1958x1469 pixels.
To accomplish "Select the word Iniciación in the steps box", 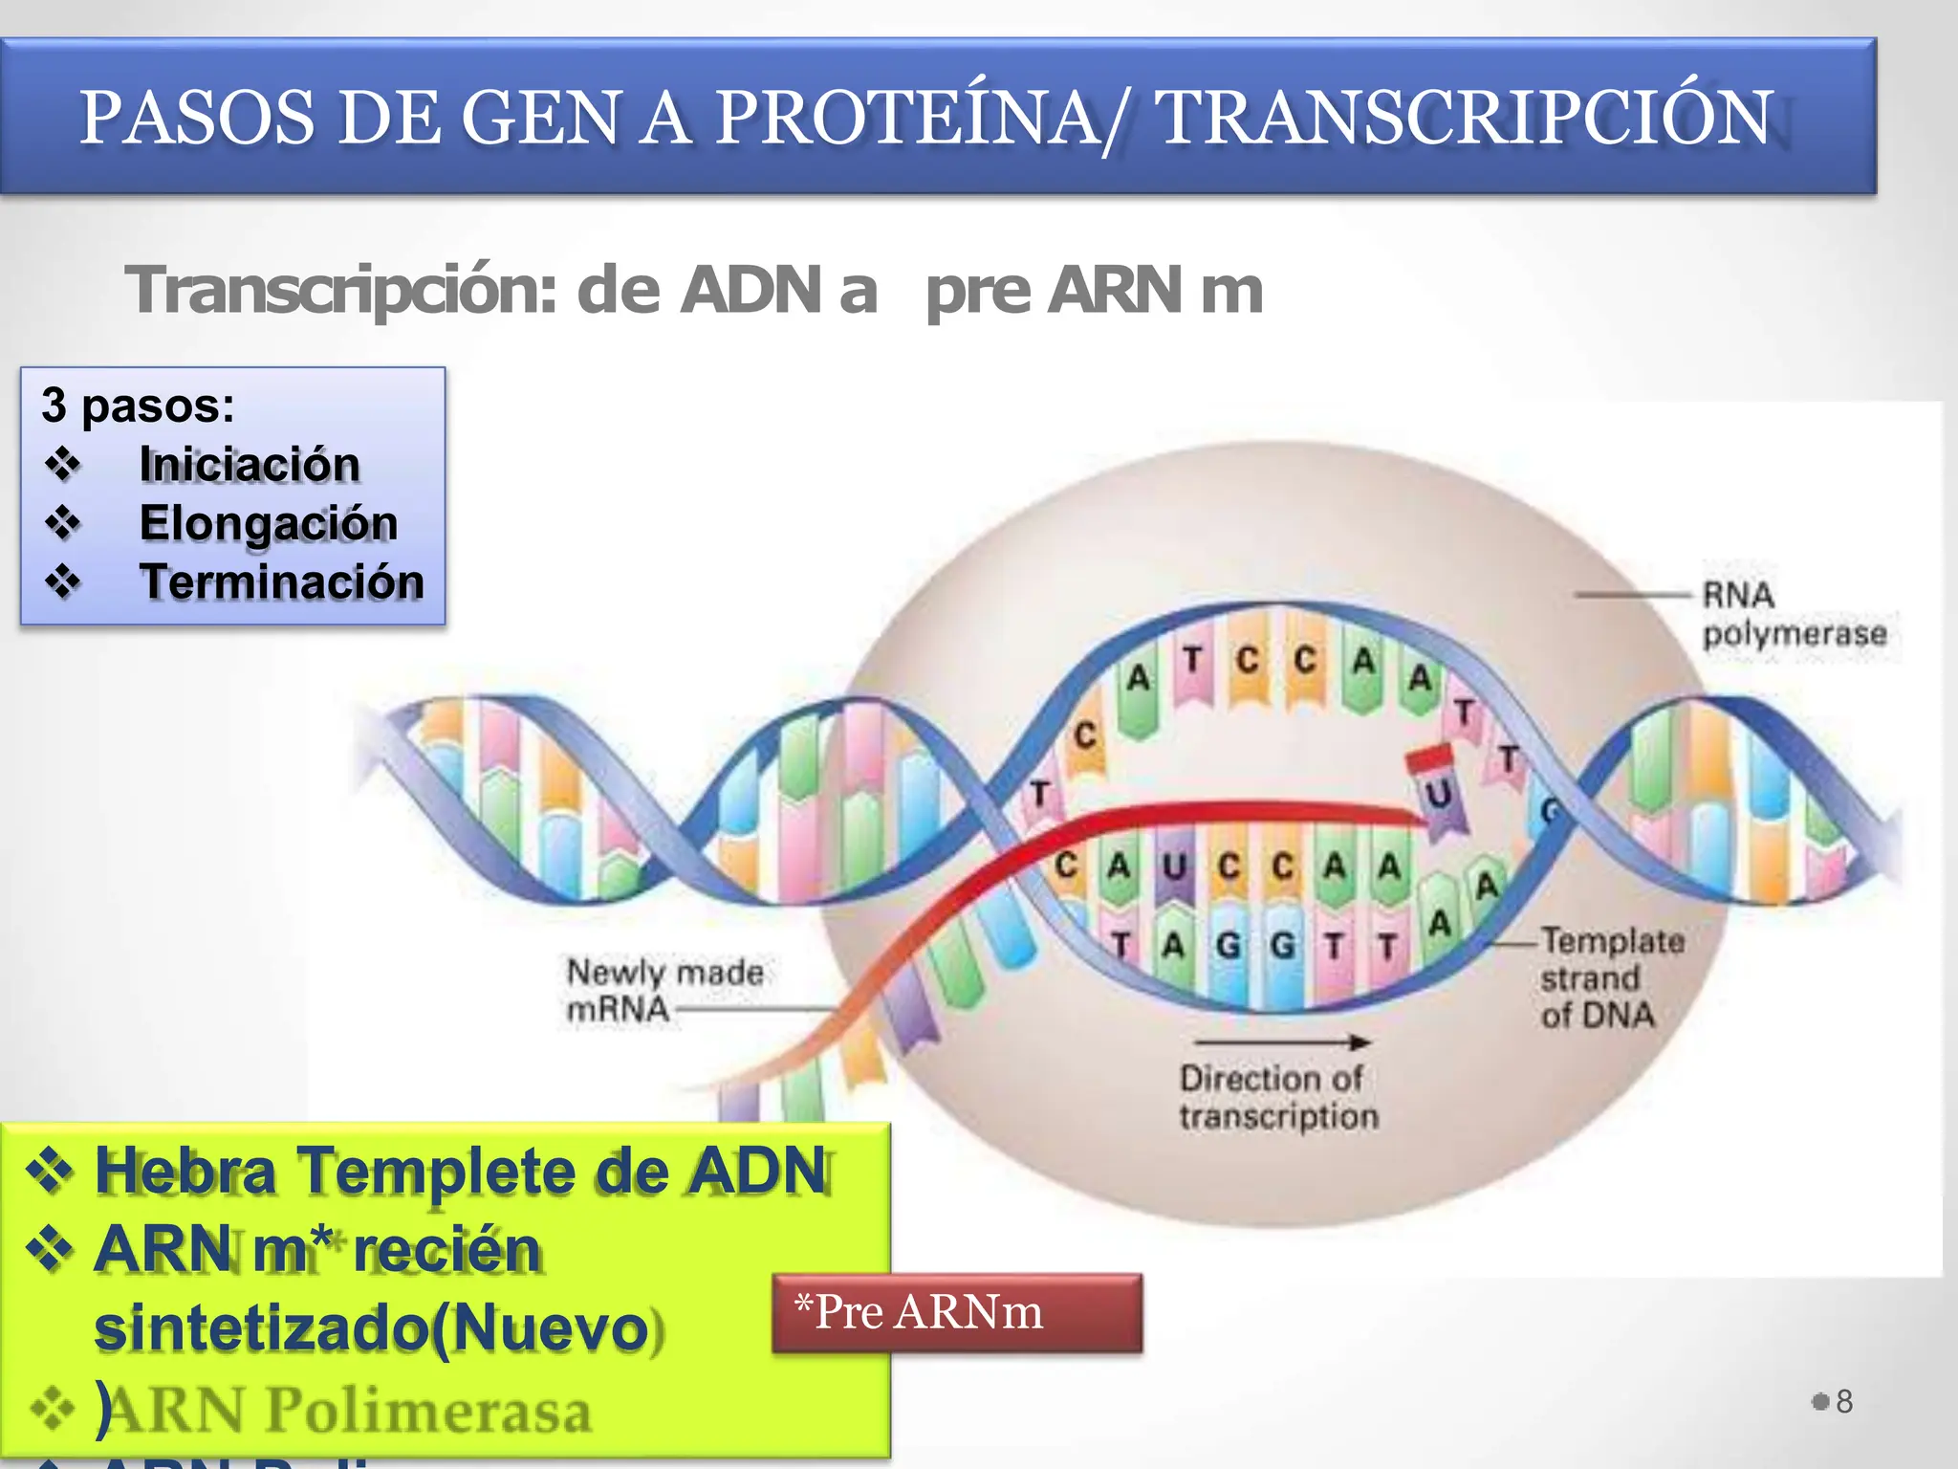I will coord(250,465).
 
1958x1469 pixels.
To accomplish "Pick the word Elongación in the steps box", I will coord(269,523).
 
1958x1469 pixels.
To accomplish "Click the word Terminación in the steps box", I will coord(282,581).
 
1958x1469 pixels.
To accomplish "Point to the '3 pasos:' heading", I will coord(138,406).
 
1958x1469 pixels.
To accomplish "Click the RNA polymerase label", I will coord(1793,614).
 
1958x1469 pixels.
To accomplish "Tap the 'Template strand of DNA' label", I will coord(1611,977).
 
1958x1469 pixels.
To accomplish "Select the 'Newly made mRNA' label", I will coord(664,990).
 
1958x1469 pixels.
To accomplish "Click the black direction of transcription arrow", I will coord(1281,1041).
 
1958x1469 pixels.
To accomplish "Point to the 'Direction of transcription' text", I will coord(1277,1097).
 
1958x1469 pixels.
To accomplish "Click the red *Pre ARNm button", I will coord(957,1312).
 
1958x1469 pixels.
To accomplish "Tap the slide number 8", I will coord(1844,1401).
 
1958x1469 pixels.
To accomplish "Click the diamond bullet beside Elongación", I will coord(63,522).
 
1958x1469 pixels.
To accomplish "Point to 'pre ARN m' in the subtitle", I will coord(1094,291).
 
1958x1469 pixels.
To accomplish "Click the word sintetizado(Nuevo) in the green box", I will coord(373,1329).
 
